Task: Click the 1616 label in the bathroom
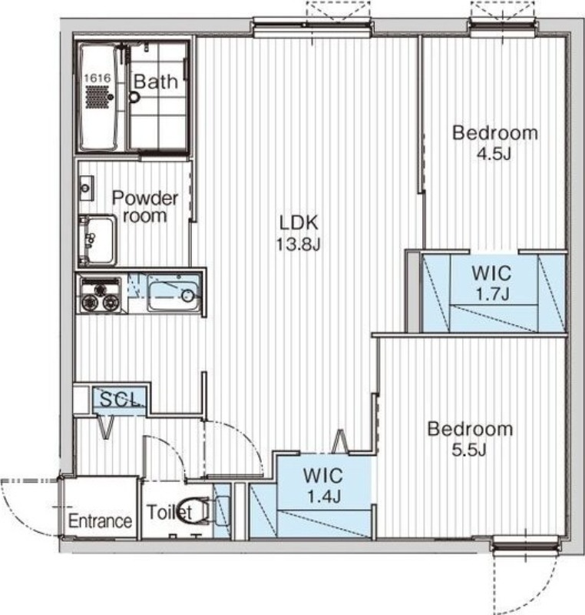(97, 78)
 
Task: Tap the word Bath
(155, 81)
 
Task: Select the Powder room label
(145, 207)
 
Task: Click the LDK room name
(299, 222)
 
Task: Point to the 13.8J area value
(299, 244)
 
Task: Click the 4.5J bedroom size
(494, 154)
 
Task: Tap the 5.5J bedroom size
(469, 450)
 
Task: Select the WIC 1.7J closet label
(492, 283)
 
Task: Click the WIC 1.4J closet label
(323, 486)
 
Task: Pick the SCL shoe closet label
(120, 399)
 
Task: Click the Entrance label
(100, 521)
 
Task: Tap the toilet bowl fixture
(194, 510)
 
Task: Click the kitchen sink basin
(174, 292)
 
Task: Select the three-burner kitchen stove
(100, 294)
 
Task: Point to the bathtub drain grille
(97, 97)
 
